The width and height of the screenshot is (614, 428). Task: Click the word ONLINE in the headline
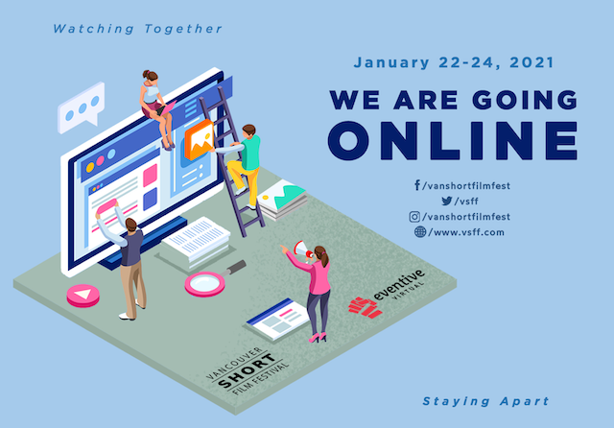(x=453, y=141)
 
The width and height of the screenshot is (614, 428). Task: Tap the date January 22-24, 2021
(x=454, y=62)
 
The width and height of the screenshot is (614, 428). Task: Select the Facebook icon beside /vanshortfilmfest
(x=417, y=185)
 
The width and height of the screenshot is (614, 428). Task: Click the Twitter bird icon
(x=447, y=201)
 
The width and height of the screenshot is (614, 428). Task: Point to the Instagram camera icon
(x=414, y=217)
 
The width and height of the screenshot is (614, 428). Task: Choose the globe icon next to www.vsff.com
(x=420, y=232)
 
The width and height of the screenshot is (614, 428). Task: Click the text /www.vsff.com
(x=466, y=232)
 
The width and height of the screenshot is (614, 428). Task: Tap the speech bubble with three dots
(x=81, y=107)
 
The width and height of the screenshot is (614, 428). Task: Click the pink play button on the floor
(x=83, y=296)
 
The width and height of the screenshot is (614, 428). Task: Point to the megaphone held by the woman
(x=303, y=250)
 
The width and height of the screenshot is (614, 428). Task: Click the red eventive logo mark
(x=366, y=307)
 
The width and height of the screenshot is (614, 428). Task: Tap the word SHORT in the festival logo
(x=247, y=370)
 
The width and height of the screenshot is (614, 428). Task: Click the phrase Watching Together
(x=137, y=29)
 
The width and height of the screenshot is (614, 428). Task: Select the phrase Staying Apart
(x=486, y=401)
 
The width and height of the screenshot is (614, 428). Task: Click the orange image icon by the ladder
(x=200, y=140)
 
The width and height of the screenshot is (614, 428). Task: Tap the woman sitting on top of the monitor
(x=156, y=109)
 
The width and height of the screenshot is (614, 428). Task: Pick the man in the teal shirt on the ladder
(x=242, y=164)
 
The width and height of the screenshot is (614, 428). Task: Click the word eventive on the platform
(x=399, y=284)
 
